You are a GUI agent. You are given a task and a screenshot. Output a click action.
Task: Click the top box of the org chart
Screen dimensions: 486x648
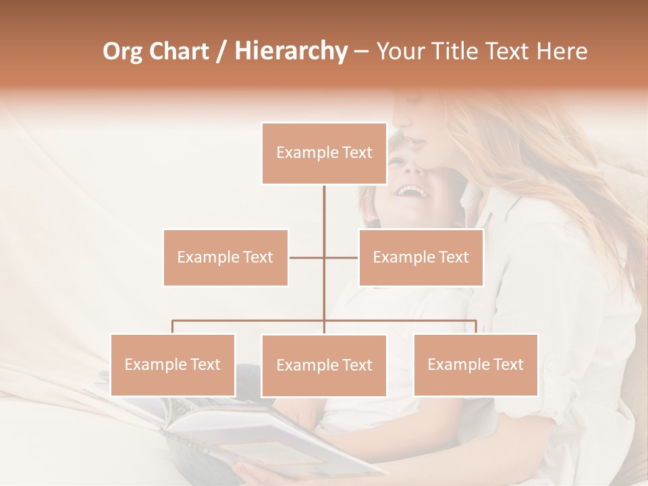(x=324, y=153)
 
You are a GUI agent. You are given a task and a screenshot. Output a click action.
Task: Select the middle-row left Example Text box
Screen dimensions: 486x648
(x=225, y=257)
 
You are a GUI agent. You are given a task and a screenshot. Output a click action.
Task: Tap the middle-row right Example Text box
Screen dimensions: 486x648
(x=421, y=257)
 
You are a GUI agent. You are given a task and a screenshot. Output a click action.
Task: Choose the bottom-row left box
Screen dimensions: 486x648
(x=173, y=364)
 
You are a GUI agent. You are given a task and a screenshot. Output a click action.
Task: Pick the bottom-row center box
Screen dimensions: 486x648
(x=324, y=365)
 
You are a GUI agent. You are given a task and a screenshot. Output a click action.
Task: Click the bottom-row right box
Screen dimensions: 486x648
(x=475, y=364)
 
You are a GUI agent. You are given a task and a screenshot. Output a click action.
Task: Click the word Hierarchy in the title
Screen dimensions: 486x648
(x=290, y=51)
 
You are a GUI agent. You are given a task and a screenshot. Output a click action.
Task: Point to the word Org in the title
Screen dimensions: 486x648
(x=122, y=51)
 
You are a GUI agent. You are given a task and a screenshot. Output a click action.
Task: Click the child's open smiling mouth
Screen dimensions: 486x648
(x=412, y=192)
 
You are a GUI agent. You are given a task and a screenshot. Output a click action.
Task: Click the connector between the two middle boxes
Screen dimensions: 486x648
(x=324, y=257)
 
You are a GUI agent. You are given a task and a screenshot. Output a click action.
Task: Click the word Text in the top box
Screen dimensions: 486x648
(x=356, y=153)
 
